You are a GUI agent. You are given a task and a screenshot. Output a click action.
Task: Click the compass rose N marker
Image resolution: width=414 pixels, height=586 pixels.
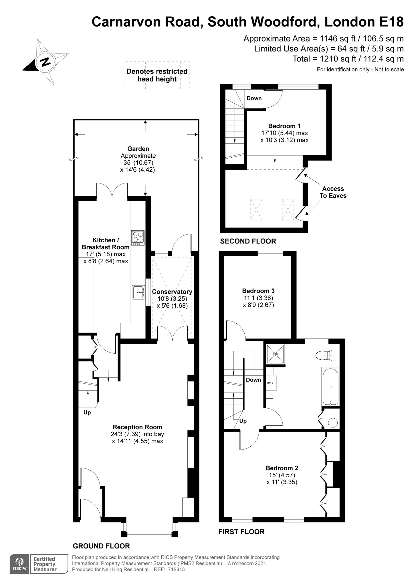click(45, 62)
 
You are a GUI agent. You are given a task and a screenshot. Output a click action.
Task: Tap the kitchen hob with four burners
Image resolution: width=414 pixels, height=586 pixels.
click(138, 237)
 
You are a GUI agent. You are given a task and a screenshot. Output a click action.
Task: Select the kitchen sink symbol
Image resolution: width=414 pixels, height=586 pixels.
click(138, 292)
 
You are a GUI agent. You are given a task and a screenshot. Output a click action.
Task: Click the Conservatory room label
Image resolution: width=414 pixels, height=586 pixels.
click(172, 292)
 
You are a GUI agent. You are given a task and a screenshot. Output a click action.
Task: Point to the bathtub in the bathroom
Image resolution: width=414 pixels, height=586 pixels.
click(330, 386)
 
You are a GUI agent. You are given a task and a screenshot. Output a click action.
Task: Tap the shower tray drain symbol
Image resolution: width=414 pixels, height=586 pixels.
click(276, 354)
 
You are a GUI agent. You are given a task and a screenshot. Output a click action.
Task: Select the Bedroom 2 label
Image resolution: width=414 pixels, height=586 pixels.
click(282, 468)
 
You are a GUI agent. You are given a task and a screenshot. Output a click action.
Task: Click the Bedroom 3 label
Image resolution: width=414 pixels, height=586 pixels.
click(258, 291)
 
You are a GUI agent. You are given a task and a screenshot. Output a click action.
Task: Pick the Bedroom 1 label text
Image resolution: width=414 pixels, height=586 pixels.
click(284, 126)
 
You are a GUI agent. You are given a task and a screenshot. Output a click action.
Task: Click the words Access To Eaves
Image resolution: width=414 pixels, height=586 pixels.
click(333, 192)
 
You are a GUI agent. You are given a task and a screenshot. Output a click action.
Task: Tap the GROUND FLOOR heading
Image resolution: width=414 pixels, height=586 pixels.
click(101, 546)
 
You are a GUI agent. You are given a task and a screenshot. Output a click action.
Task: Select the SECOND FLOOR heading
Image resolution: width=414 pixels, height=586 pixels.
click(248, 241)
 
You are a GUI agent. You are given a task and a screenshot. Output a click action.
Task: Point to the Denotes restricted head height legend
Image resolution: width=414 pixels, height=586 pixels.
click(157, 75)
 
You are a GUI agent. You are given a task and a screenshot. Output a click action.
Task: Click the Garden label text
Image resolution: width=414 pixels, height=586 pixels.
click(138, 149)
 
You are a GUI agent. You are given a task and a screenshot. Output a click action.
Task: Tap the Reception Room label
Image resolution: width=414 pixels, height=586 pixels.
click(137, 427)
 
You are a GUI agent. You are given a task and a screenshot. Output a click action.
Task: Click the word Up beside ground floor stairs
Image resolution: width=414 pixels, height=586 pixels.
click(87, 412)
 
